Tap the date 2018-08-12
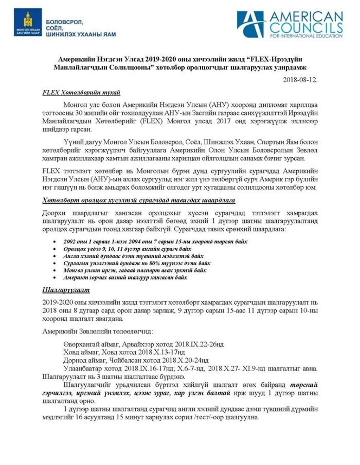(x=300, y=80)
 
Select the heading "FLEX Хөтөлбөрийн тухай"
(x=81, y=93)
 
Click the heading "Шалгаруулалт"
(x=66, y=290)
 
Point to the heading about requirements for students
(x=139, y=200)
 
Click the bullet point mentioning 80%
(x=137, y=263)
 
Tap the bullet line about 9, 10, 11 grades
(x=127, y=249)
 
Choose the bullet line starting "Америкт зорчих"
(x=125, y=277)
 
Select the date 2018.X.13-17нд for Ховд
(x=162, y=352)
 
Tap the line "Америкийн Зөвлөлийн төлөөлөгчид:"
(x=97, y=331)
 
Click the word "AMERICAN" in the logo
(x=306, y=17)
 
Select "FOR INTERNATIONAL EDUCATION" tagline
(x=306, y=36)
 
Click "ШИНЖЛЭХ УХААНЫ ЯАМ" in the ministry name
(x=81, y=34)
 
